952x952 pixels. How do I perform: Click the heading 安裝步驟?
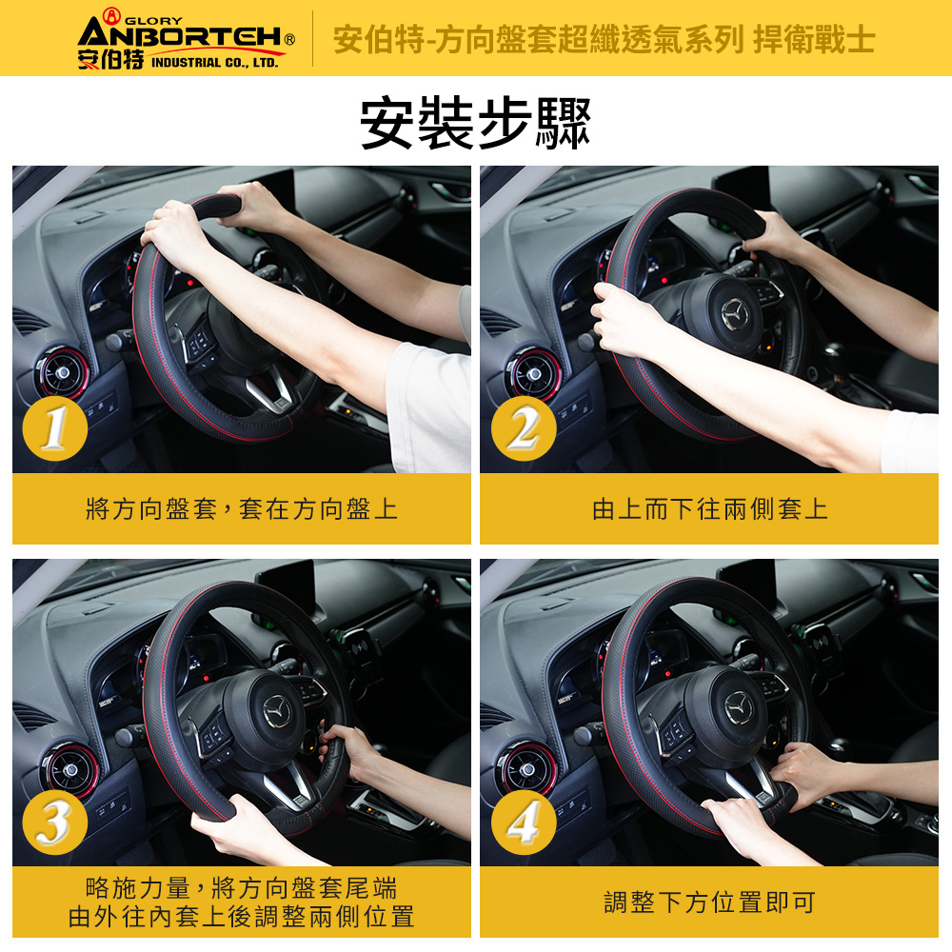[x=475, y=122]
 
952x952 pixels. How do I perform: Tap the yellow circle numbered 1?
[x=54, y=428]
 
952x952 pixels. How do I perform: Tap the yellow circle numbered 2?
[x=524, y=428]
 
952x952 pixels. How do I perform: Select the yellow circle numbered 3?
[x=54, y=823]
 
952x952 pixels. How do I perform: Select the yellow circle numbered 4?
[x=524, y=823]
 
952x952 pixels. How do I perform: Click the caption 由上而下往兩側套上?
[x=710, y=508]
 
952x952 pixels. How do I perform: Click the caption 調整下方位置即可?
[x=710, y=902]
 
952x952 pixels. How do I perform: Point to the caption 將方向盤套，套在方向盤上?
[x=242, y=508]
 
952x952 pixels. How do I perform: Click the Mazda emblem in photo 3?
[x=277, y=711]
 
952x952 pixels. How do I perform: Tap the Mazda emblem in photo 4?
[x=739, y=707]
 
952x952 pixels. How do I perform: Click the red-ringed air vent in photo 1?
[x=63, y=372]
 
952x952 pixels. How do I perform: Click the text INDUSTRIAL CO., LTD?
[x=214, y=63]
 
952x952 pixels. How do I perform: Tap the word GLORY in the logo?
[x=153, y=21]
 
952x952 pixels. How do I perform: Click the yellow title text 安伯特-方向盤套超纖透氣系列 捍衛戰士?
[x=604, y=39]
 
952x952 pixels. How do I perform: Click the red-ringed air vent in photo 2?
[x=534, y=374]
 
